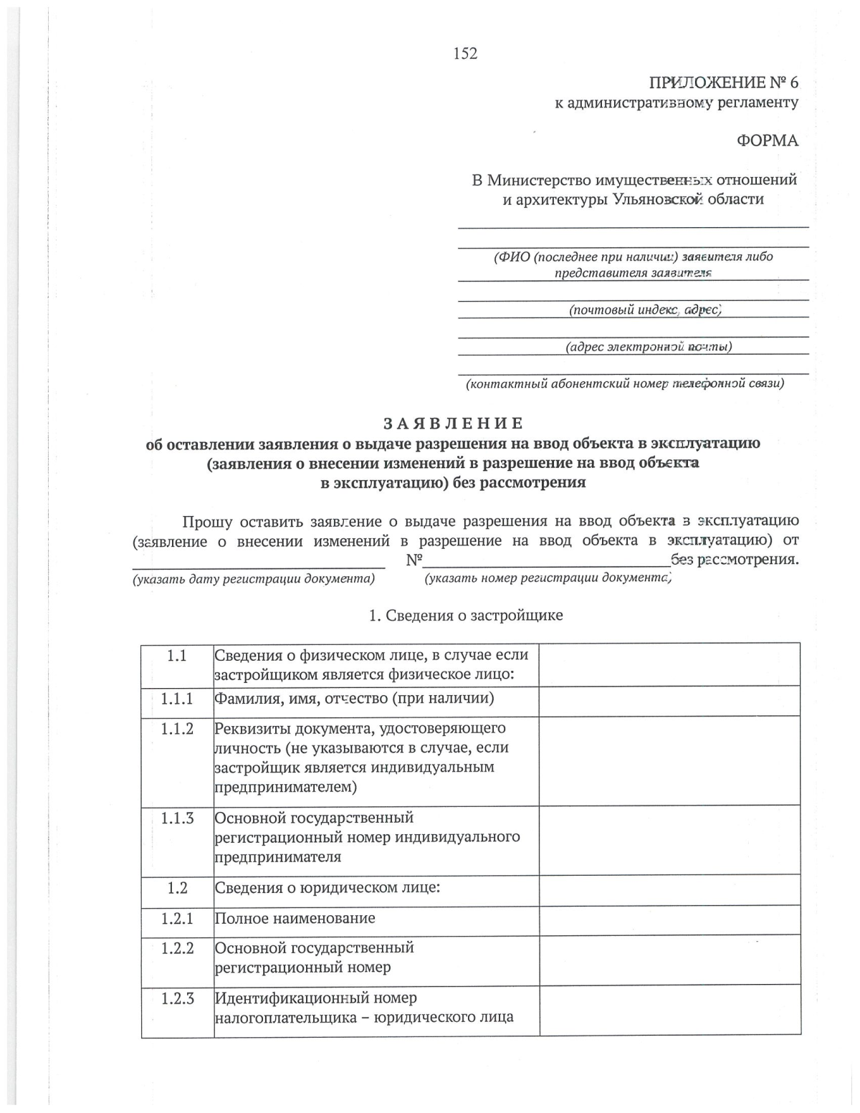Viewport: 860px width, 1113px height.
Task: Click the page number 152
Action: [x=465, y=53]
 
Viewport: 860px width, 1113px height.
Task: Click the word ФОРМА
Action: [x=767, y=140]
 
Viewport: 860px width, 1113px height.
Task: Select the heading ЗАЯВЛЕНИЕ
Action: [x=453, y=423]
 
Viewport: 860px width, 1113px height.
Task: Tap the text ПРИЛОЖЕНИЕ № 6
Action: [x=723, y=82]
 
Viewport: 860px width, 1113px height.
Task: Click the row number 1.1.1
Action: [x=177, y=699]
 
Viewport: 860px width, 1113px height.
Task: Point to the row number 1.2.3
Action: [x=177, y=998]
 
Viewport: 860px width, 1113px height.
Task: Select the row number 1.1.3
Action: [x=177, y=818]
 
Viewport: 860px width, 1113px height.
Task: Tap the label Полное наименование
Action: [x=295, y=918]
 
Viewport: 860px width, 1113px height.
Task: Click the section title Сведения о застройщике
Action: [x=465, y=616]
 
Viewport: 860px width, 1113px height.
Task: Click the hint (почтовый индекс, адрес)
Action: [x=644, y=310]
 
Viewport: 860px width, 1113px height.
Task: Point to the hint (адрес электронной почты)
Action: [x=649, y=347]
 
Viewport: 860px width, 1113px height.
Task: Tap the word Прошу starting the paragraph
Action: [x=207, y=521]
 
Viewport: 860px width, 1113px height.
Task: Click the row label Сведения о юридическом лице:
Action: [x=327, y=888]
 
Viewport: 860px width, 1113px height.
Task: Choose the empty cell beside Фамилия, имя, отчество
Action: [x=669, y=700]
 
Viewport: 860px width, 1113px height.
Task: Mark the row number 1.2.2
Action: [x=177, y=948]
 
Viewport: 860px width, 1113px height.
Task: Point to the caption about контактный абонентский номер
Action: [x=625, y=384]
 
